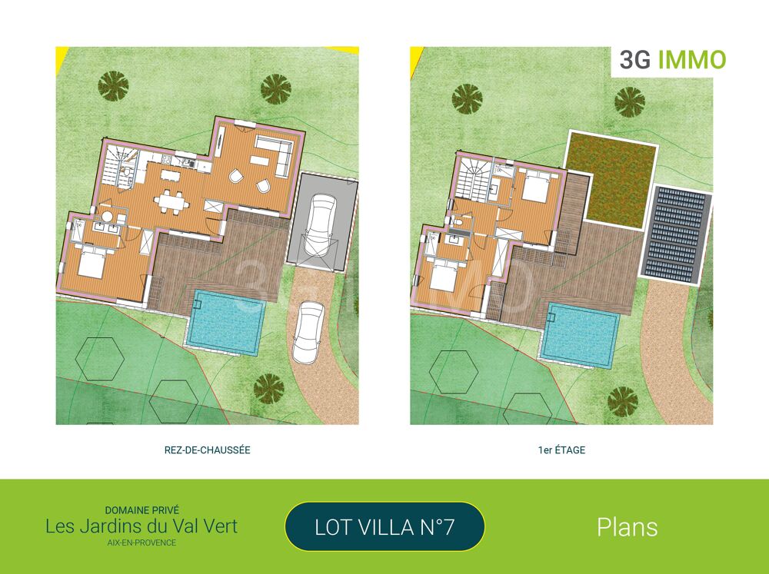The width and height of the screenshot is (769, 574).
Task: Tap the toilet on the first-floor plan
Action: click(x=460, y=222)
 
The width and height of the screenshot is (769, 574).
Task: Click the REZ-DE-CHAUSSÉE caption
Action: click(x=208, y=450)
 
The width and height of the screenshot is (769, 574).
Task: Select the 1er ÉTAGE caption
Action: click(x=561, y=450)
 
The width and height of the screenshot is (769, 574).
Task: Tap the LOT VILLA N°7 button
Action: click(x=384, y=527)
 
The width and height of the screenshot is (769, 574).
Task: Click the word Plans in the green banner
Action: click(x=627, y=527)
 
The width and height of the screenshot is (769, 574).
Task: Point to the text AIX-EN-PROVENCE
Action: click(x=141, y=543)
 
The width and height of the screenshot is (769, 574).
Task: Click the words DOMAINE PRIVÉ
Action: click(x=141, y=509)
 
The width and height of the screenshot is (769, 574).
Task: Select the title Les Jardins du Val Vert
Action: click(x=141, y=526)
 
